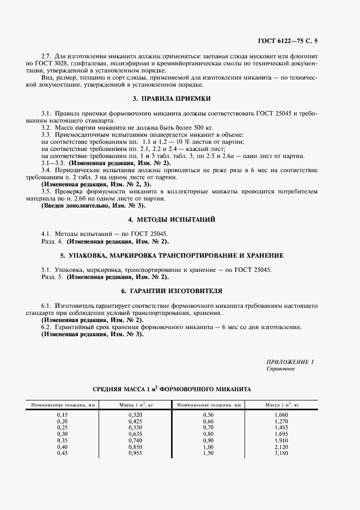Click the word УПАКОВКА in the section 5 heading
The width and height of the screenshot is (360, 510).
91,255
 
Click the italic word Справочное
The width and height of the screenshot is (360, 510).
280,369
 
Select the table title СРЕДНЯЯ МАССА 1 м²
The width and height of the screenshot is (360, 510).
172,390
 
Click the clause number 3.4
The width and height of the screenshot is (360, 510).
47,171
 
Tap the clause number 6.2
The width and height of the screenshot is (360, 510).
47,327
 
